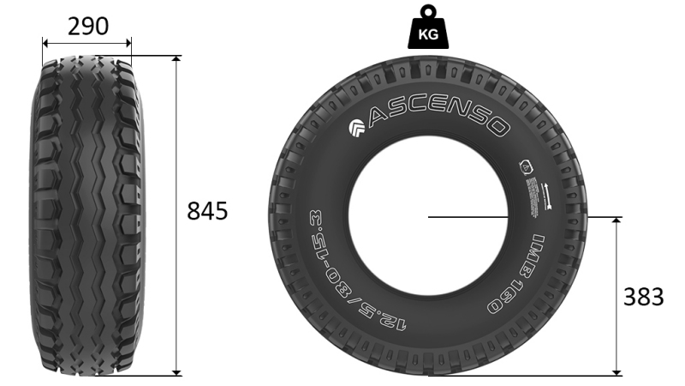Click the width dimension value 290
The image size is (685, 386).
click(88, 27)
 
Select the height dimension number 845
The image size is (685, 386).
click(207, 211)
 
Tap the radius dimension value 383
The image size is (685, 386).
click(642, 297)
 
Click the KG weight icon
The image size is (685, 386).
click(428, 31)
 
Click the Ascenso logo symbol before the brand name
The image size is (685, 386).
click(357, 130)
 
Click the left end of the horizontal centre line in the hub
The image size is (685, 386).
click(428, 216)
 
